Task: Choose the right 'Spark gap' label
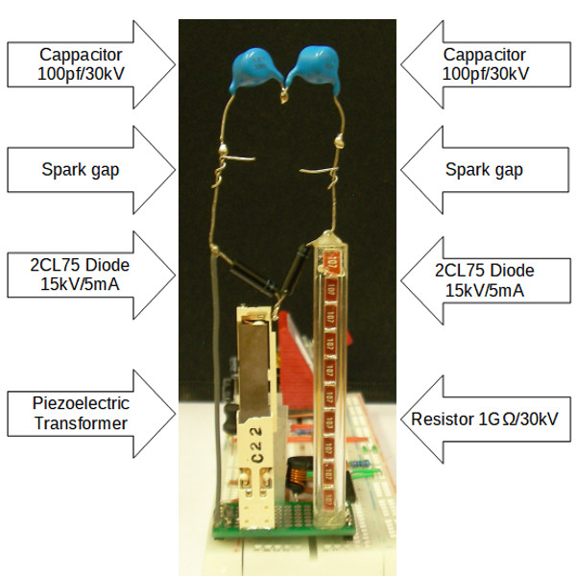coord(484,170)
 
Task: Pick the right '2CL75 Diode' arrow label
coord(484,276)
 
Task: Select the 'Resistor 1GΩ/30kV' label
coord(484,418)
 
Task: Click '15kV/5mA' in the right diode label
coord(484,287)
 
